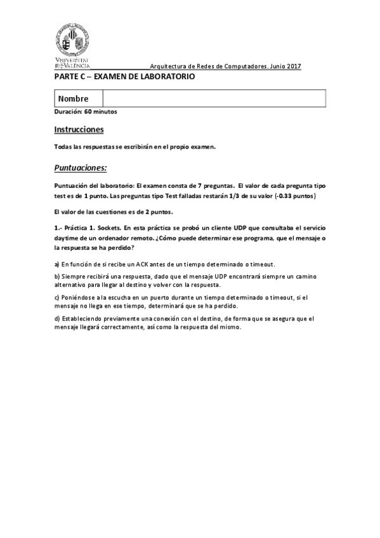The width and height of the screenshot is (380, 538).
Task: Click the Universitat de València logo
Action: point(71,44)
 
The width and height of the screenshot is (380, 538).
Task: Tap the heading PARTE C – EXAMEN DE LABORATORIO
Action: point(124,77)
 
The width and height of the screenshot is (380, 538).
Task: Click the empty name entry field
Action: point(214,99)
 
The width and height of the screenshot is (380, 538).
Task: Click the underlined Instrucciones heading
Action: point(79,129)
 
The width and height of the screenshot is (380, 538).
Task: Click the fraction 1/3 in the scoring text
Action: point(234,197)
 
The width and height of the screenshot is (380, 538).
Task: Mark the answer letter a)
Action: point(57,264)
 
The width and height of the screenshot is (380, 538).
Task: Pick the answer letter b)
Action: point(57,277)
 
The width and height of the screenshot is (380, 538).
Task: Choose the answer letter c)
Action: point(57,298)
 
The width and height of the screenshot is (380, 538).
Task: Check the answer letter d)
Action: point(57,318)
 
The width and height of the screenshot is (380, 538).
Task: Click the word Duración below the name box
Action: point(68,112)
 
